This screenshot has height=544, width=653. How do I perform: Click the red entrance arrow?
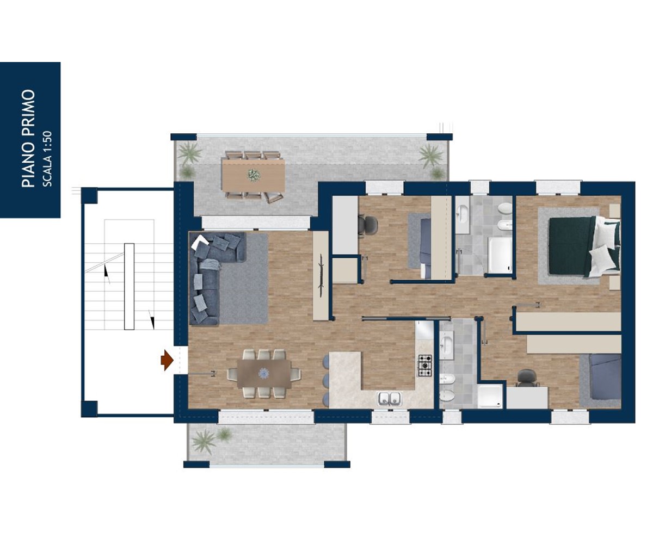click(x=167, y=361)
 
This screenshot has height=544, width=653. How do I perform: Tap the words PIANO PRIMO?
click(x=28, y=139)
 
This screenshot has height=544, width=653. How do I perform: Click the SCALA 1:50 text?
click(x=47, y=159)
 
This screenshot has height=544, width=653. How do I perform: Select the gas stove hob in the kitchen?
click(x=425, y=365)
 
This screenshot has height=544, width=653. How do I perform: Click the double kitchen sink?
click(x=390, y=399)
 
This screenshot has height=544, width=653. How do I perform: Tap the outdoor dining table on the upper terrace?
click(x=254, y=175)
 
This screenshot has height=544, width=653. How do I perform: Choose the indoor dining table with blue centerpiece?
click(x=264, y=373)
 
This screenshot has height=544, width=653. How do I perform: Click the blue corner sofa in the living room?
click(x=213, y=275)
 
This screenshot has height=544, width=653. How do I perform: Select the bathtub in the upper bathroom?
click(x=500, y=255)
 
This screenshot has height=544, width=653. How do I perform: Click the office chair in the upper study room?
click(x=367, y=224)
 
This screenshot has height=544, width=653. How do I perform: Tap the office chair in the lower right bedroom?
click(x=528, y=378)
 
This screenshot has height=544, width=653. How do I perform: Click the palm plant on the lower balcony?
click(x=204, y=441)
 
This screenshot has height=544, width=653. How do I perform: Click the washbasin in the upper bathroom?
click(x=462, y=214)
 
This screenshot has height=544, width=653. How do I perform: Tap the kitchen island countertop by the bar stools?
click(x=346, y=379)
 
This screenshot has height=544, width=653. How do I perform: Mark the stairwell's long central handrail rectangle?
click(x=129, y=286)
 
